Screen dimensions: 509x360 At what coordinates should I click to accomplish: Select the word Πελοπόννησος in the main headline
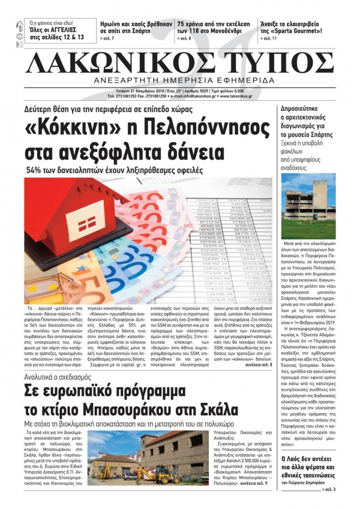201,128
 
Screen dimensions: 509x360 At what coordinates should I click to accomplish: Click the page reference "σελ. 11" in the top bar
269,38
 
